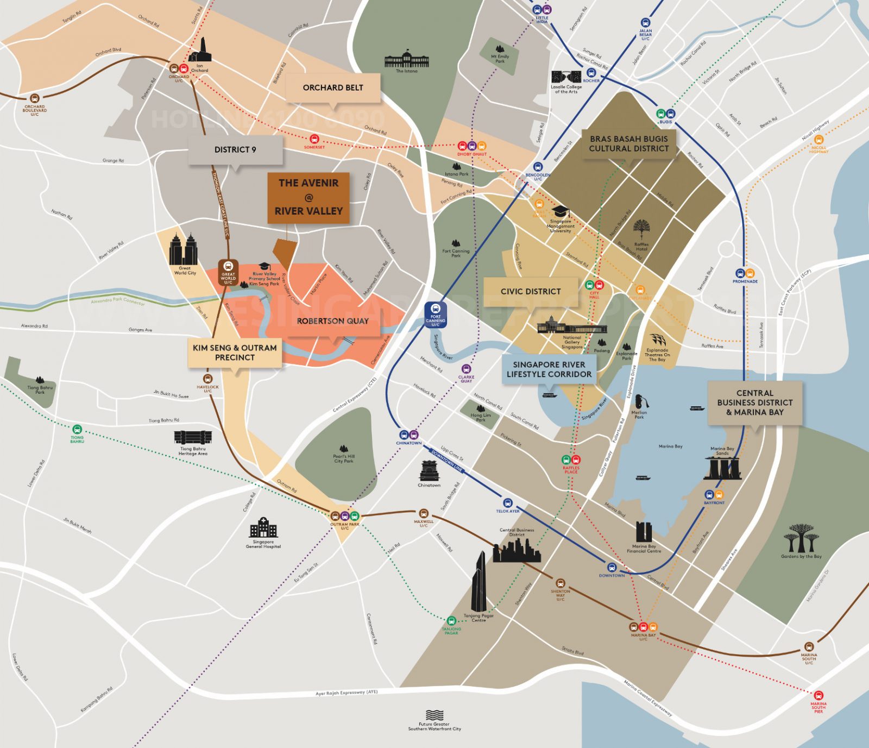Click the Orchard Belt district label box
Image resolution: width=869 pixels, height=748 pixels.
[333, 87]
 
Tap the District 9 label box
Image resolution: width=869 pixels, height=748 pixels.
[235, 149]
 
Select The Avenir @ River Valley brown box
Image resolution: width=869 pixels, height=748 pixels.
[308, 197]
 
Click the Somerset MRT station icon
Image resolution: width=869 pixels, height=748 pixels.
[314, 139]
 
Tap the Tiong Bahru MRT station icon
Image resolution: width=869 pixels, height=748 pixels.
[77, 429]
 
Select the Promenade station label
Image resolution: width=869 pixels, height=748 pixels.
[745, 281]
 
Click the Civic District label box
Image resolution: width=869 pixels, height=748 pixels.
[531, 292]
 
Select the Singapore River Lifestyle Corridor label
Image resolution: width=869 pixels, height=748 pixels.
[549, 369]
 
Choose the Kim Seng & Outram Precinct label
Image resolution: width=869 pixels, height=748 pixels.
[235, 353]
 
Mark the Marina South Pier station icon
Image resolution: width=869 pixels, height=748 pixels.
[818, 695]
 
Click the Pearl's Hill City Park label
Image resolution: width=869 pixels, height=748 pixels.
[343, 458]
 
